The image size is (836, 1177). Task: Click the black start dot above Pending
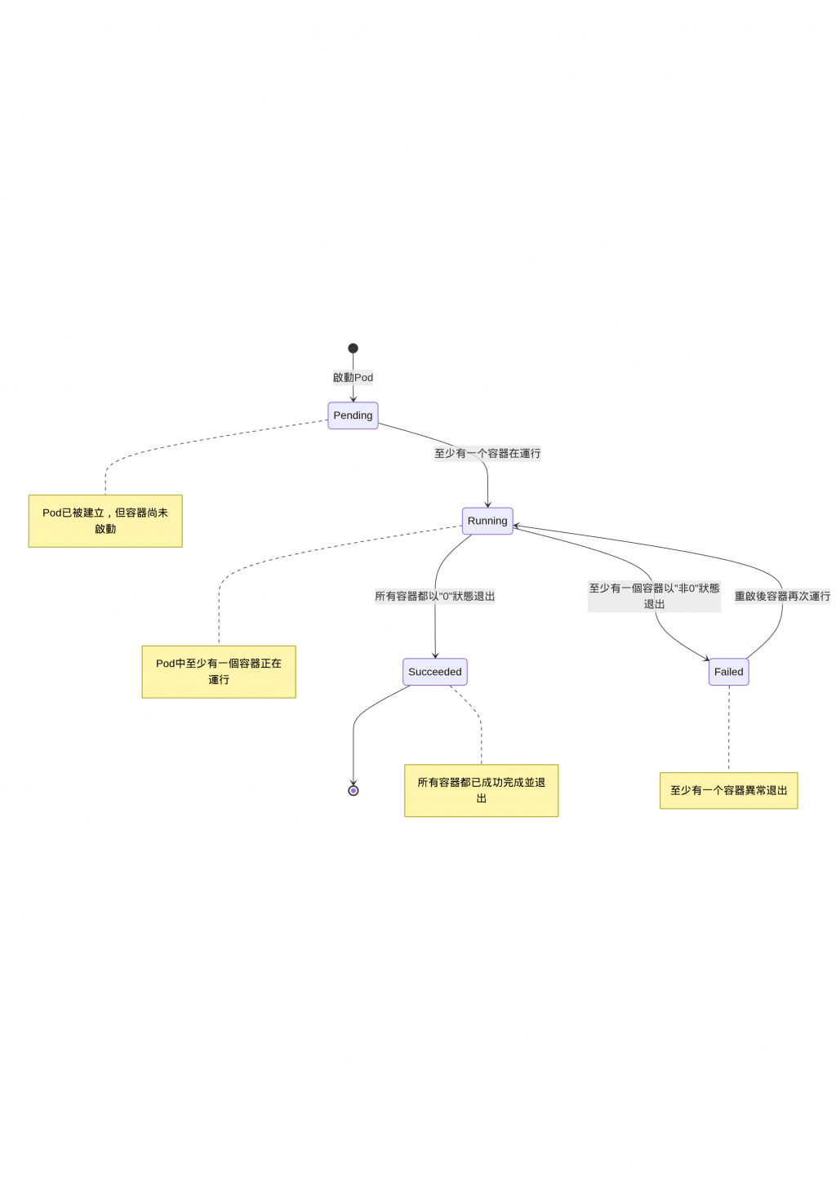[353, 349]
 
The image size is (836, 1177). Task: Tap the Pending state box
[353, 415]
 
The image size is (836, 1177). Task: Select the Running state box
[487, 521]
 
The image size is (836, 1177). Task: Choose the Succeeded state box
[435, 672]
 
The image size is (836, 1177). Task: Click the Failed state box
[728, 672]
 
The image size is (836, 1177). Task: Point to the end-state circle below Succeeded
[354, 790]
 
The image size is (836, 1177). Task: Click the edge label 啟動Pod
[353, 377]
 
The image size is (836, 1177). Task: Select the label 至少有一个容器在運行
[487, 453]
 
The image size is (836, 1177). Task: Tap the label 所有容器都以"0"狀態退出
[435, 596]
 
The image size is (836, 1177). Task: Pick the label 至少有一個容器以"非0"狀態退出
[654, 596]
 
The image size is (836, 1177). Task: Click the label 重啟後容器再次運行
[782, 596]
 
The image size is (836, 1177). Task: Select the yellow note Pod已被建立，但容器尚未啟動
[105, 521]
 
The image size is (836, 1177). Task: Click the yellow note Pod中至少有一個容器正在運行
[219, 672]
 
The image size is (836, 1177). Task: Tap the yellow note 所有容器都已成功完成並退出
[482, 790]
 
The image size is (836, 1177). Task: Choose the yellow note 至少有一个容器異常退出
[728, 790]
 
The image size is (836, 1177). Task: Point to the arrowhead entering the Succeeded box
[435, 655]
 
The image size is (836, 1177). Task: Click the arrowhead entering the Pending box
[353, 399]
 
